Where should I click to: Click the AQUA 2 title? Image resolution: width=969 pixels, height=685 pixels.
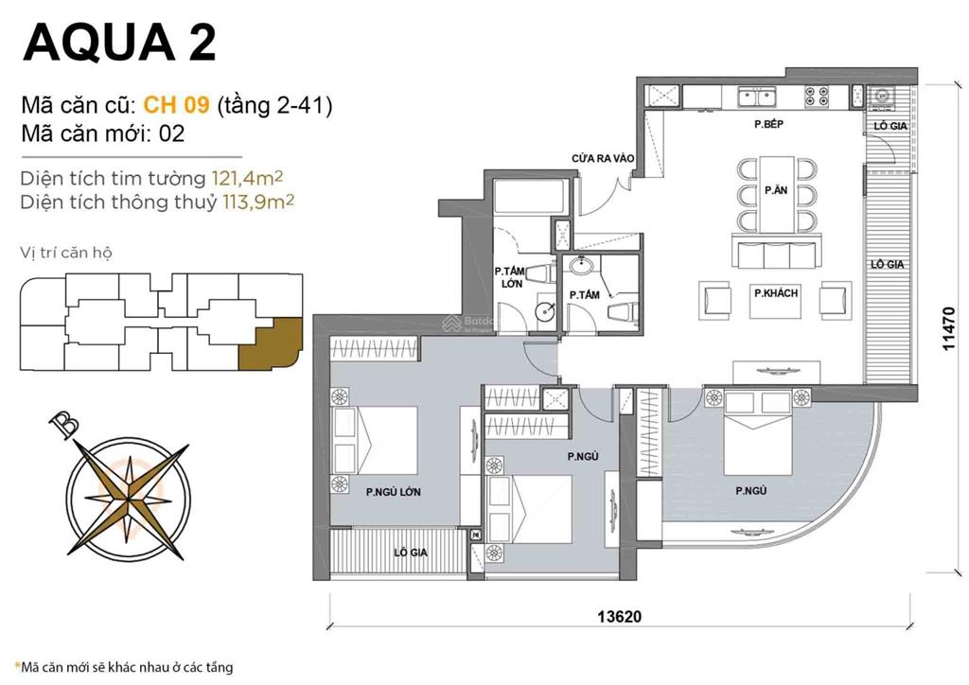click(119, 42)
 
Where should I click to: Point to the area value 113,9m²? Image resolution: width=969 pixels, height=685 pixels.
click(258, 202)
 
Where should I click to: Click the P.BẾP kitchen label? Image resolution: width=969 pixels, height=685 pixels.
click(767, 125)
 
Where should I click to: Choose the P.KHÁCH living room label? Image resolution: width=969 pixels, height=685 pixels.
click(775, 293)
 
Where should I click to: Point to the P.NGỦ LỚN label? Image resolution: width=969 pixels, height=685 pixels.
click(393, 492)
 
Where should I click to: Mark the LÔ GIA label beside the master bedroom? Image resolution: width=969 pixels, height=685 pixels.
click(411, 552)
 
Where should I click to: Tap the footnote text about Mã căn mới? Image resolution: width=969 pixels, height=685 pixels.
click(123, 667)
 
